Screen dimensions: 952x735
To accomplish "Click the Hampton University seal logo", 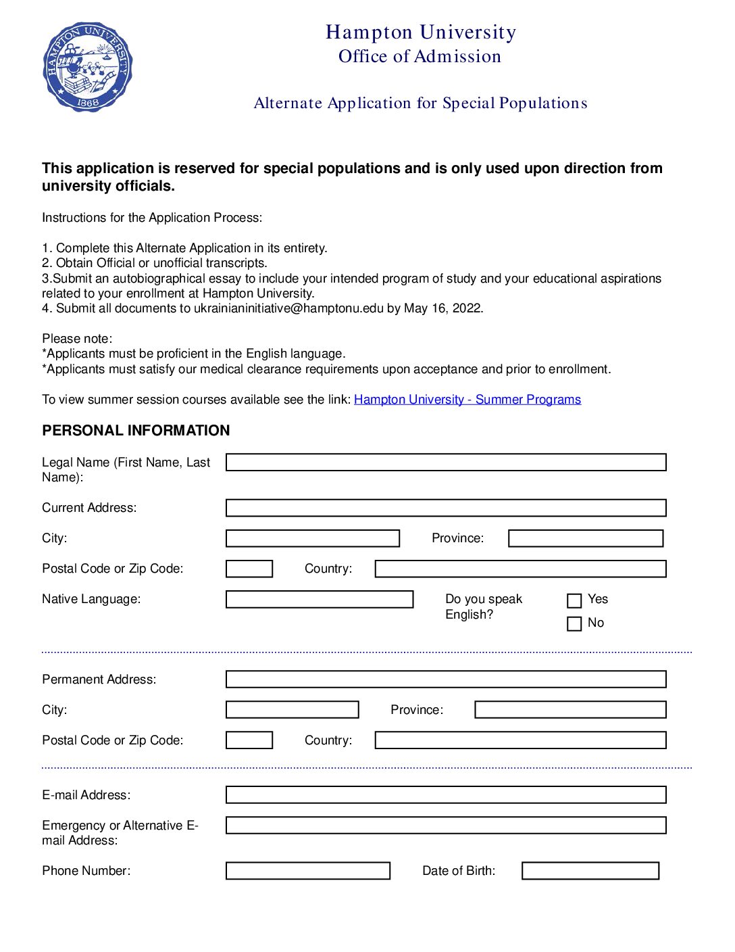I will (88, 67).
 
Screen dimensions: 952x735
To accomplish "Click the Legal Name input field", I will (446, 462).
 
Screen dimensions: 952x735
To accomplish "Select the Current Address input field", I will (446, 508).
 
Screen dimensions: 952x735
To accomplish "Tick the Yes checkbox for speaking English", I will (574, 600).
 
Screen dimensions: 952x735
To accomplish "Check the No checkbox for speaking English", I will (574, 623).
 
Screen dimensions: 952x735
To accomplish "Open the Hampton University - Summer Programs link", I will (467, 400).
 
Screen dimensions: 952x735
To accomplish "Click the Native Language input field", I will (320, 600).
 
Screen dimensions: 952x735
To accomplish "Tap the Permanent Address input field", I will (446, 680).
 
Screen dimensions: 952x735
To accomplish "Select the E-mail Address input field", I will (446, 795).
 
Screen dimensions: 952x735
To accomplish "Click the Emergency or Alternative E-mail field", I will (446, 826).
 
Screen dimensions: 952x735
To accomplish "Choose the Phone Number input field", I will (308, 871).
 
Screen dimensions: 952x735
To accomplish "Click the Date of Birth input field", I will (590, 871).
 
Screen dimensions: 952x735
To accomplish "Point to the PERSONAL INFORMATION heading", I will (136, 431).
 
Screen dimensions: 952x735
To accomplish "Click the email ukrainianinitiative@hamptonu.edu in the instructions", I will (288, 308).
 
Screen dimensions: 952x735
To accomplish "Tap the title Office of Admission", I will (420, 57).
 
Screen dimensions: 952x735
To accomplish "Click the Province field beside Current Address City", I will (586, 538).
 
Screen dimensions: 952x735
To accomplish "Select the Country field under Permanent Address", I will (520, 740).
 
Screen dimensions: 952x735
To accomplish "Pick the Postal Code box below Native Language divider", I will (249, 740).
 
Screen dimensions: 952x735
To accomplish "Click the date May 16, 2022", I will (443, 308).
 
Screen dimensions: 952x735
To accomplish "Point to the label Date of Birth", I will (459, 871).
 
